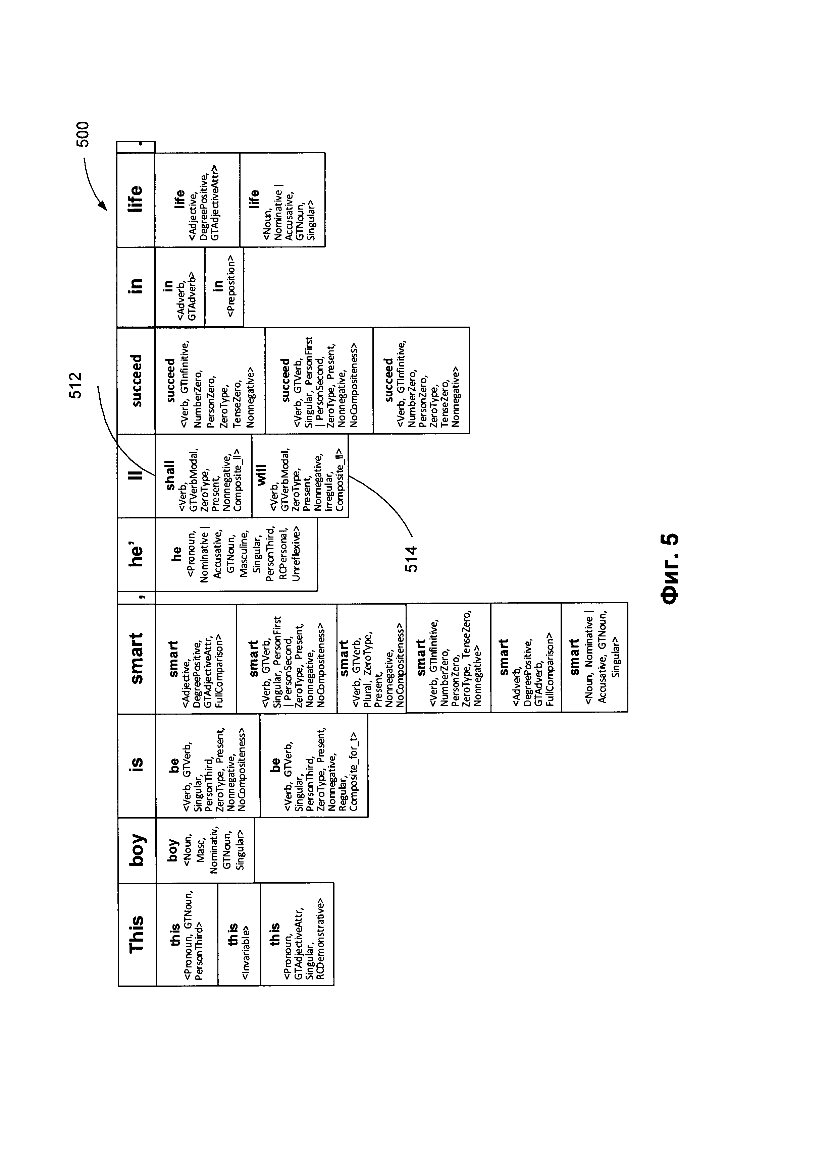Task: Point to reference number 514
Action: (x=411, y=558)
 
